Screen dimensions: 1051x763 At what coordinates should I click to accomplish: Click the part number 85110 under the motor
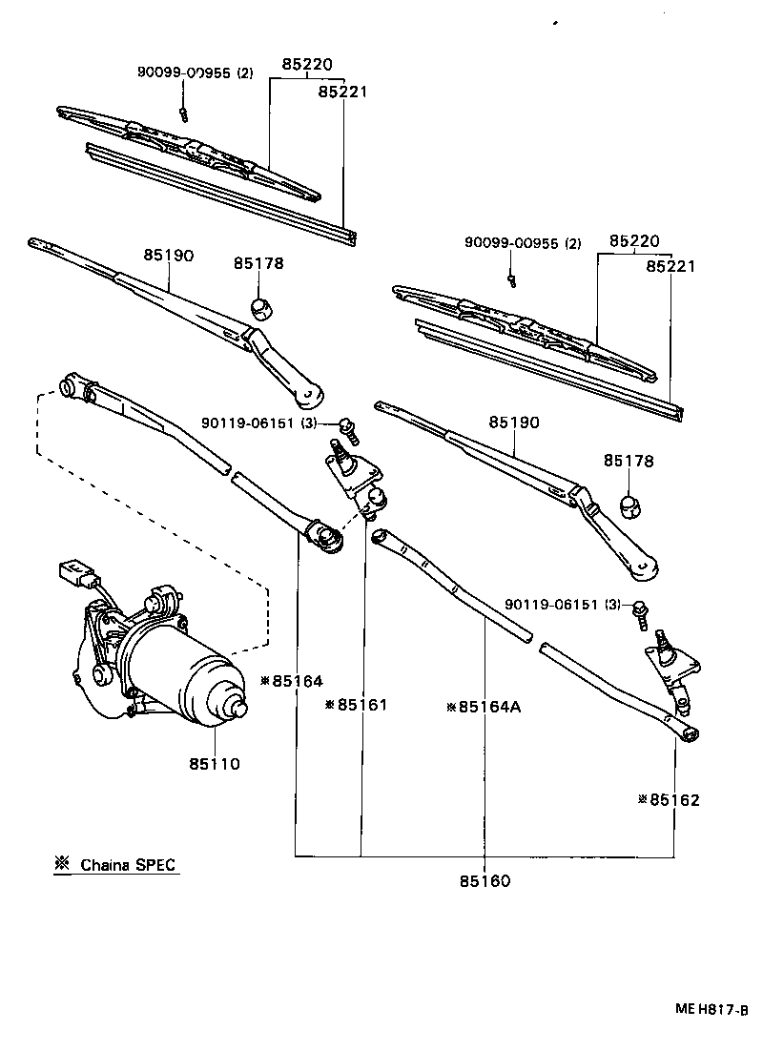(214, 763)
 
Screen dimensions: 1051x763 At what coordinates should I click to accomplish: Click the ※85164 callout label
(291, 681)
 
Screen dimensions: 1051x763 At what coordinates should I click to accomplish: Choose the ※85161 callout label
(356, 705)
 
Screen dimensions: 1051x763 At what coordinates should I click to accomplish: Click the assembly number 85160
(485, 880)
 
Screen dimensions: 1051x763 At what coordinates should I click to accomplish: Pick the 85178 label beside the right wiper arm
(629, 461)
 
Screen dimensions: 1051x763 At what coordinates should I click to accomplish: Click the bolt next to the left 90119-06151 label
(344, 426)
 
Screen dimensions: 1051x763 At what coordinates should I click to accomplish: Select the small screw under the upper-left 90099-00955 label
(183, 114)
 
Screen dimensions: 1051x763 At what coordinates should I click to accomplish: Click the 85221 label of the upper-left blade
(342, 92)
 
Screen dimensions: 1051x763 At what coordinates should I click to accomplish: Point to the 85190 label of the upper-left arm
(169, 256)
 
